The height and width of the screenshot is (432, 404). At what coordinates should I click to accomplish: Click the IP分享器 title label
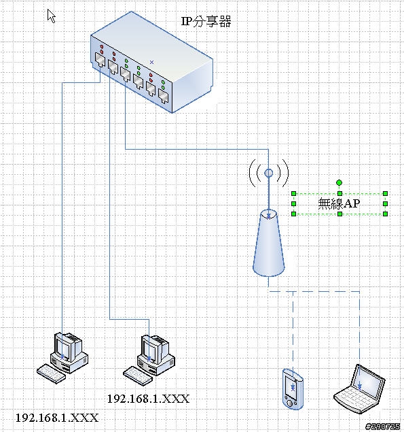(206, 22)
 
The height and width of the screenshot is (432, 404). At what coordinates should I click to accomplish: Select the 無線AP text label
(339, 203)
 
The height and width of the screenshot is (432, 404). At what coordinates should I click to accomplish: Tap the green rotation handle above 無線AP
(339, 182)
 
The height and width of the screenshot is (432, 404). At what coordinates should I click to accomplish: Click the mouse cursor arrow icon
(51, 16)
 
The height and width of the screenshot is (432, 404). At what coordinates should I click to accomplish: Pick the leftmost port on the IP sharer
(100, 59)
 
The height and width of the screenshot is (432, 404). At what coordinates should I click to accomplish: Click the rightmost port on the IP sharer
(164, 96)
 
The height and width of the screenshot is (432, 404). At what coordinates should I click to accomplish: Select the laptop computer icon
(360, 388)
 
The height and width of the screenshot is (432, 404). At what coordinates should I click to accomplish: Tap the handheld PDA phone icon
(293, 389)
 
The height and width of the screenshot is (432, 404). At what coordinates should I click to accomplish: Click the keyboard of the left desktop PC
(51, 373)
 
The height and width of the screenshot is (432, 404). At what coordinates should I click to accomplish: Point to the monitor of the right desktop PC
(151, 348)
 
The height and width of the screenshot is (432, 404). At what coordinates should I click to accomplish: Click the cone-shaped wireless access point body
(268, 243)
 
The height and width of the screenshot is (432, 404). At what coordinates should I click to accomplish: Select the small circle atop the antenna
(268, 173)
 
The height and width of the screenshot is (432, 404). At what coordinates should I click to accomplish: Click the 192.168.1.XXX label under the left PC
(57, 418)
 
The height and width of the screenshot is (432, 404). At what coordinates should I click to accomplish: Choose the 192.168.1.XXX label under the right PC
(148, 399)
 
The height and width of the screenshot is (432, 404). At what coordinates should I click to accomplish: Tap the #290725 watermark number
(382, 427)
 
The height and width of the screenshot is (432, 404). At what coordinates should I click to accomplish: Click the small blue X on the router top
(151, 63)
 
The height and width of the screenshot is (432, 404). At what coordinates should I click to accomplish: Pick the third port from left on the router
(125, 74)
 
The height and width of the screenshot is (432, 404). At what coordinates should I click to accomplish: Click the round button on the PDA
(290, 403)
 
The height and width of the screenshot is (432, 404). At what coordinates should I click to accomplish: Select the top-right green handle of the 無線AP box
(385, 194)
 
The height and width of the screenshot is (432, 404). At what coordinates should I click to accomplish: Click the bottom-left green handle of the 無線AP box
(293, 214)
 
